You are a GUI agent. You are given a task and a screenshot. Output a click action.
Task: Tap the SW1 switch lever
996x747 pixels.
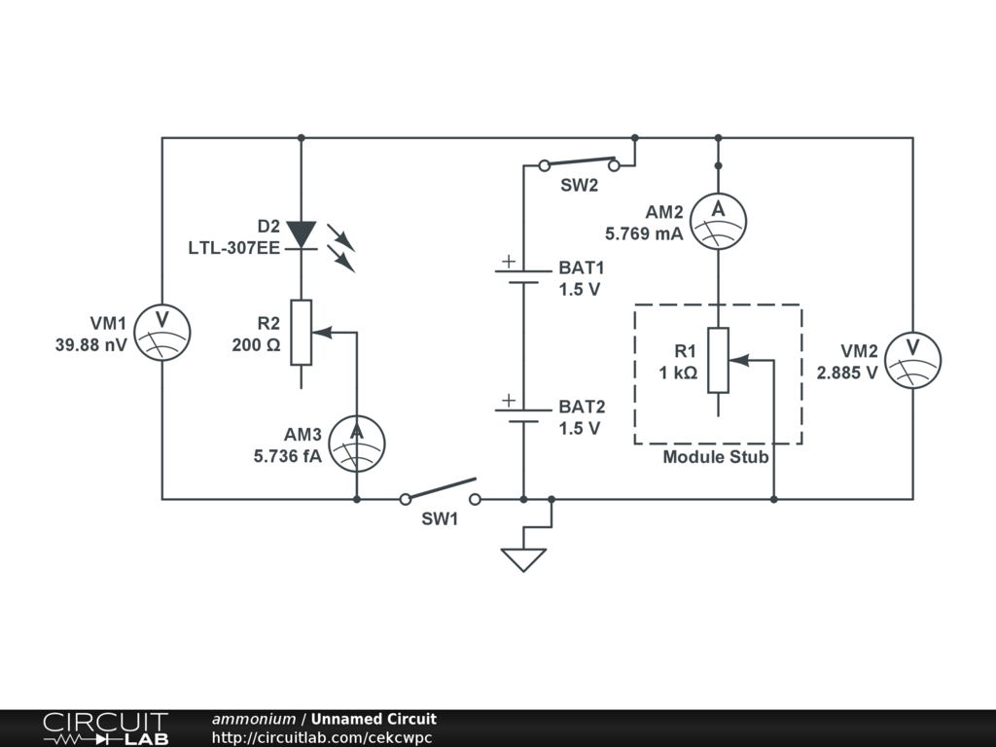tap(441, 488)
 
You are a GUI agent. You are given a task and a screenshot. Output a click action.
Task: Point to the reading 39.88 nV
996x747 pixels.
tap(90, 345)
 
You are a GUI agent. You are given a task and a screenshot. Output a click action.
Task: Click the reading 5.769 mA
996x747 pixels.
tap(644, 233)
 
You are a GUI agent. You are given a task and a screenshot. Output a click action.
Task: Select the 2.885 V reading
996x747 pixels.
tap(847, 373)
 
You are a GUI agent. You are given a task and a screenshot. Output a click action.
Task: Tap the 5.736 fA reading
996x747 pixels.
tap(288, 456)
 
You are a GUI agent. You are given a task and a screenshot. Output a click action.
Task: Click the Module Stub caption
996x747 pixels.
tap(716, 457)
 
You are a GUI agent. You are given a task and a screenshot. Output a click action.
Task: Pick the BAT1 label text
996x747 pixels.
tap(582, 267)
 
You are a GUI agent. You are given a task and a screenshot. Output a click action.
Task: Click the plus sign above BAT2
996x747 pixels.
tap(508, 400)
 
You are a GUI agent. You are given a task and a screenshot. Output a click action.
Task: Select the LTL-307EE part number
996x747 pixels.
tap(233, 248)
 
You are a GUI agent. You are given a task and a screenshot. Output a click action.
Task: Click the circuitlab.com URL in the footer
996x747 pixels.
tap(321, 737)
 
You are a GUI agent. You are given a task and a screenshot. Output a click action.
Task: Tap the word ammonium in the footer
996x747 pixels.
tap(254, 719)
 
